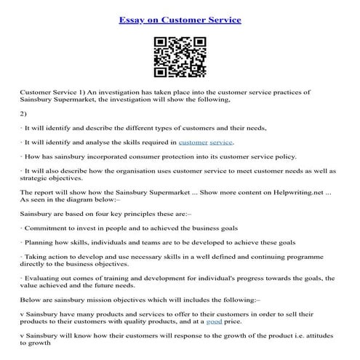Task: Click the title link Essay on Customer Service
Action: [180, 20]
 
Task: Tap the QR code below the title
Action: [180, 57]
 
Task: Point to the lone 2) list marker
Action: [24, 113]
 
